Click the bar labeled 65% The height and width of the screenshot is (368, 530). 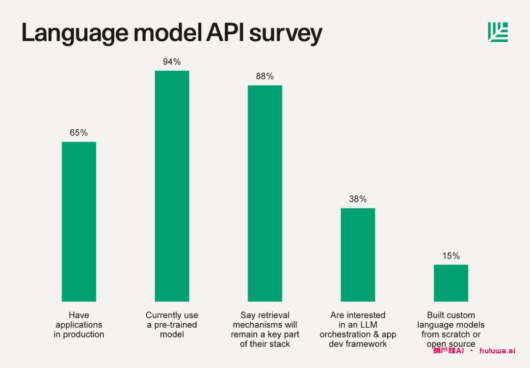pyautogui.click(x=79, y=221)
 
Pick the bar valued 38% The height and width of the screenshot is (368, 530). pyautogui.click(x=358, y=255)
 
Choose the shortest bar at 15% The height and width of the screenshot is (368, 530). pyautogui.click(x=450, y=283)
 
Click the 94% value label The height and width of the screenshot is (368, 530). pyautogui.click(x=172, y=62)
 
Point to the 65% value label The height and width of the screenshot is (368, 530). pyautogui.click(x=79, y=133)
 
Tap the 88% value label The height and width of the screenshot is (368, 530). pyautogui.click(x=265, y=77)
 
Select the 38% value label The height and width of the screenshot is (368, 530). pyautogui.click(x=358, y=199)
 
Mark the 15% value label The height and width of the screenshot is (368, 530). pyautogui.click(x=450, y=256)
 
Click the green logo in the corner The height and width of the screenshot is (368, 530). pyautogui.click(x=498, y=32)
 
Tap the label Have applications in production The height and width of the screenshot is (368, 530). pyautogui.click(x=79, y=325)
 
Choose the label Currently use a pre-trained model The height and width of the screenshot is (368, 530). pyautogui.click(x=172, y=325)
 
